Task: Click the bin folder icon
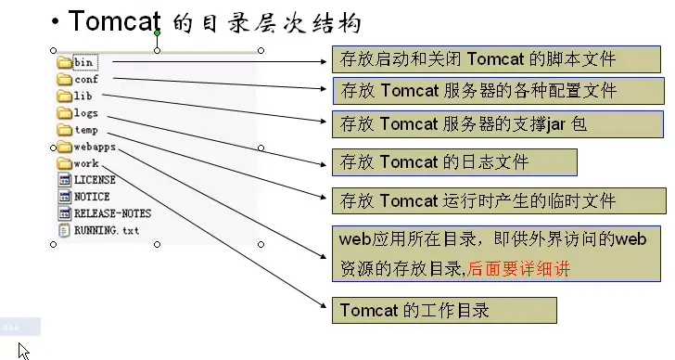click(x=64, y=64)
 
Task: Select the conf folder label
click(x=86, y=81)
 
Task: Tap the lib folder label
click(x=83, y=96)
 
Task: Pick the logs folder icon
click(x=64, y=114)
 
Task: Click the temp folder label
click(x=86, y=131)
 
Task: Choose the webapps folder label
click(x=95, y=148)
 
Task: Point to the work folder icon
click(x=64, y=164)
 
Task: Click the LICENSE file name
click(x=95, y=180)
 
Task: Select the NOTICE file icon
click(x=64, y=197)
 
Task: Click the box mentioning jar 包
click(x=497, y=122)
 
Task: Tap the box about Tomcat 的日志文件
click(x=454, y=162)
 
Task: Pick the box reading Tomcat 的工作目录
click(x=444, y=310)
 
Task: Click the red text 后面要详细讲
click(x=519, y=269)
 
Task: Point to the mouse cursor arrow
click(x=22, y=351)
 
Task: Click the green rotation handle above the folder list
click(x=157, y=33)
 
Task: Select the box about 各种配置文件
click(x=497, y=91)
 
